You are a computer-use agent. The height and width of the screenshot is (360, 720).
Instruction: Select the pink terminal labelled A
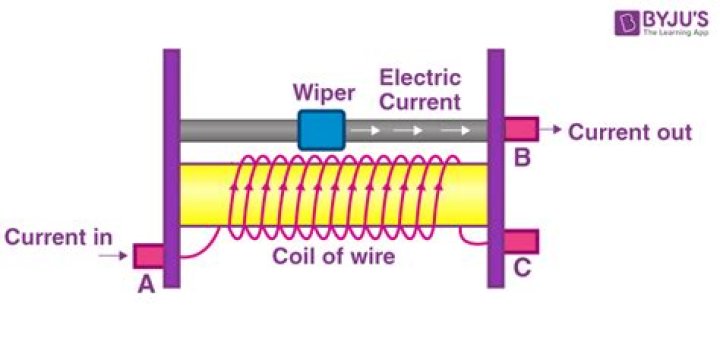[148, 256]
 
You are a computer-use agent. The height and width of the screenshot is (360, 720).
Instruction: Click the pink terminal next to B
[520, 129]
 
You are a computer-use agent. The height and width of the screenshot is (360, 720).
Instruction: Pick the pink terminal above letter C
[520, 241]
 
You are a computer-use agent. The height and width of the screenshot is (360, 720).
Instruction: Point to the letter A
[146, 285]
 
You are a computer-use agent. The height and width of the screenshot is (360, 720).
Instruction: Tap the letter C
[521, 269]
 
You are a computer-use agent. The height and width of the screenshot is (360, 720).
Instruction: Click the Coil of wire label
[335, 256]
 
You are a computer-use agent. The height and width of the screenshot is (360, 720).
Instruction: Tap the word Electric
[419, 77]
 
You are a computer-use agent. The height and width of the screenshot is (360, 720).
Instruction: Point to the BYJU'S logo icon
[600, 25]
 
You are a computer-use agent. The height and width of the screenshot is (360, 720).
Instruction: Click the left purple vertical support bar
[171, 168]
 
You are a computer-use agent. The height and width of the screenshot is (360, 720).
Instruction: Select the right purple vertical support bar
[495, 168]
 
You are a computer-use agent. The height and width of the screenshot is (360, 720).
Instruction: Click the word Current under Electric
[421, 101]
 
